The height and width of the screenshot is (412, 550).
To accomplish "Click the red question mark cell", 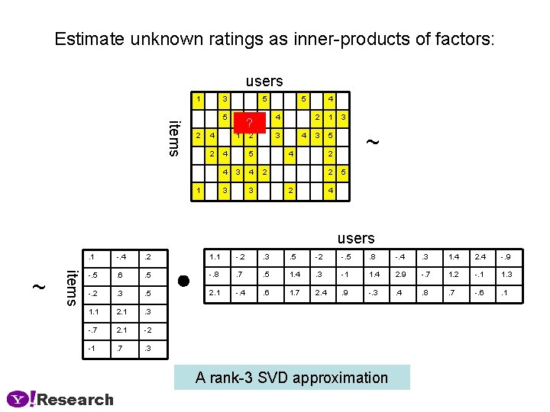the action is click(x=250, y=123).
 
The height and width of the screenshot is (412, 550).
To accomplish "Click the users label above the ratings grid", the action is click(x=264, y=81).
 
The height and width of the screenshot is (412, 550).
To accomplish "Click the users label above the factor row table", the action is click(x=356, y=239).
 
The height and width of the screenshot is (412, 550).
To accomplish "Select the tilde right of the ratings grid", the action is click(x=372, y=142).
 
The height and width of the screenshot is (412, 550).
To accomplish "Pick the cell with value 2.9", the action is click(x=401, y=273).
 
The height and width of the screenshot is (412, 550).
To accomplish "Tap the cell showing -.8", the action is click(x=215, y=273).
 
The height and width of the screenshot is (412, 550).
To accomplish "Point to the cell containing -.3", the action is click(x=373, y=292).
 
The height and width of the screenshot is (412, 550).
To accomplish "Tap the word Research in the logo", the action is click(x=76, y=399).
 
